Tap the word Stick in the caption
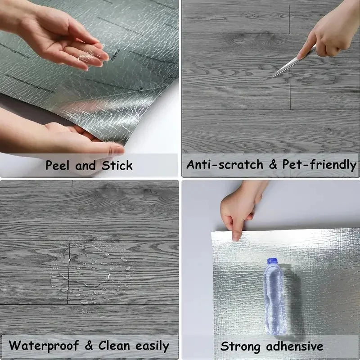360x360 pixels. point(117,165)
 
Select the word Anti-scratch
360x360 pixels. point(225,165)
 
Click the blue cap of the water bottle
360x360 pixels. point(272,261)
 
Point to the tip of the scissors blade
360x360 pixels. point(274,76)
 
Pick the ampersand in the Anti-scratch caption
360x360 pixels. point(272,165)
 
